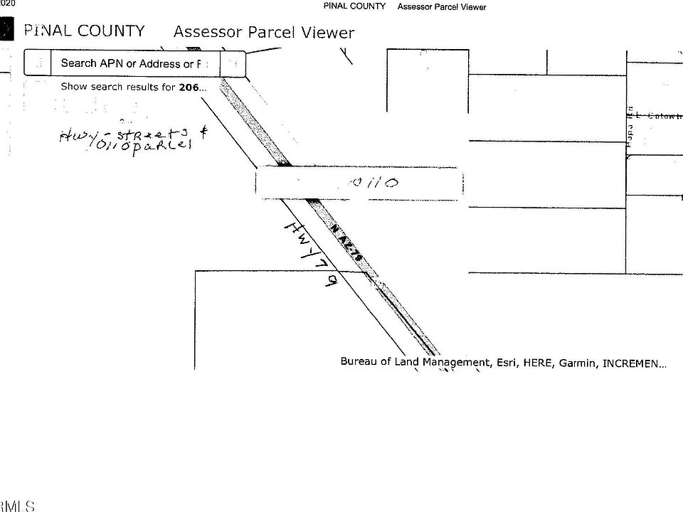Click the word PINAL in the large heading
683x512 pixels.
coord(48,31)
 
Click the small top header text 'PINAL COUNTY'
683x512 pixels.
coord(354,6)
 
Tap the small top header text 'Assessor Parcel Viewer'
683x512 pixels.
coord(442,7)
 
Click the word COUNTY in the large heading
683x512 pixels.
coord(111,31)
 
